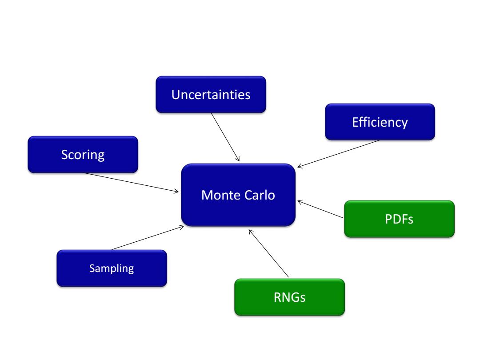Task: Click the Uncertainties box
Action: [211, 95]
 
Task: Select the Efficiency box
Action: [380, 122]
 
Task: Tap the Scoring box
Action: [83, 155]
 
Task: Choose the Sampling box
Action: [112, 268]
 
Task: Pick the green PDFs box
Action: [399, 219]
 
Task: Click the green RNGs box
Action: [290, 297]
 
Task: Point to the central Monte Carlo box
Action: [238, 195]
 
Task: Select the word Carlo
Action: [260, 195]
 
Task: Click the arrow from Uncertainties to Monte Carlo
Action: [225, 137]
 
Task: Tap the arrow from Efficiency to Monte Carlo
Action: [339, 154]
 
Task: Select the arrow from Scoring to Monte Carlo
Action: [131, 183]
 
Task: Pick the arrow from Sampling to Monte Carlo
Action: [148, 238]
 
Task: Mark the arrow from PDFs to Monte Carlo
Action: [320, 209]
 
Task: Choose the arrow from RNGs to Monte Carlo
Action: [268, 253]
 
